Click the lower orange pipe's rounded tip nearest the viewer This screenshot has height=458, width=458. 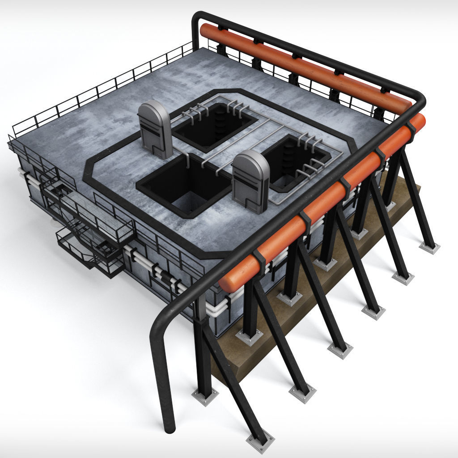[x=227, y=283]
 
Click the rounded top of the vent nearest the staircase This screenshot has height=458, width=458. [x=153, y=107]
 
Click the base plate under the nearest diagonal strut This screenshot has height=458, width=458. [x=260, y=440]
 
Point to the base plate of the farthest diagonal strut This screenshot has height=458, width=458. [x=429, y=247]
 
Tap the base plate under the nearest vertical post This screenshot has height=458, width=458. [x=205, y=395]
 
